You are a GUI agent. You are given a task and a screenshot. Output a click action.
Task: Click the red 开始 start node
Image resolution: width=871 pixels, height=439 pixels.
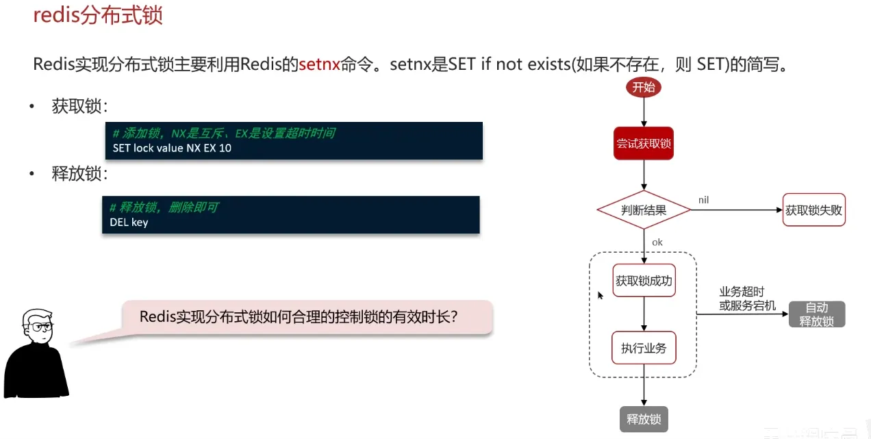tap(643, 87)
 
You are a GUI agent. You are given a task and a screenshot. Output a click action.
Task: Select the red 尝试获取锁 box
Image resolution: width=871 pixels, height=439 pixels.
tap(643, 143)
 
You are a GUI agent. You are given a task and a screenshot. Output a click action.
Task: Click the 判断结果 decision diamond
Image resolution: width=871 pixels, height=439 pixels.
tap(644, 210)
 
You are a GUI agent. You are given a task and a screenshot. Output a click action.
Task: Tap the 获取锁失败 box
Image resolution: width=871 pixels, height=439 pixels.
tap(813, 210)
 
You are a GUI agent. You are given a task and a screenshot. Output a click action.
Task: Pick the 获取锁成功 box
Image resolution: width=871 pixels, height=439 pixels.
tap(644, 280)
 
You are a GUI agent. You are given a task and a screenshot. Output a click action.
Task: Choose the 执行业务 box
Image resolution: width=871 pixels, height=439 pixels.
tap(644, 348)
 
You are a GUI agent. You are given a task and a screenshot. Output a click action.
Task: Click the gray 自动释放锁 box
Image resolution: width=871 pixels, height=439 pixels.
tap(817, 314)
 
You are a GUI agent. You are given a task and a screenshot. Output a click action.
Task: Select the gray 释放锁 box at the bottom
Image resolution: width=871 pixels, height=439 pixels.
tap(644, 418)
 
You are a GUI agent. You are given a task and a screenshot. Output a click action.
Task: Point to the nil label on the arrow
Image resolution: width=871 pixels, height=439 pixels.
tap(703, 199)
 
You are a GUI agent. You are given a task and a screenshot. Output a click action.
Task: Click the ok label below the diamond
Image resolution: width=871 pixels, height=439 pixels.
tap(657, 242)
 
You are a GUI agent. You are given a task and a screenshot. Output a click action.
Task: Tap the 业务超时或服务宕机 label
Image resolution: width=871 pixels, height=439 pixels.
tap(747, 299)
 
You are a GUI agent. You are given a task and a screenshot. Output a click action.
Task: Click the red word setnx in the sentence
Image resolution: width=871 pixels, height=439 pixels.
tap(319, 65)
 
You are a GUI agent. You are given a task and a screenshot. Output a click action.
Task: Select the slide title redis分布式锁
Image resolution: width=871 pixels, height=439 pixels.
tap(98, 15)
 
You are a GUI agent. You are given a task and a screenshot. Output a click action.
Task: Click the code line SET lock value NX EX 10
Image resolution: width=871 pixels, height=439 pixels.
tap(172, 148)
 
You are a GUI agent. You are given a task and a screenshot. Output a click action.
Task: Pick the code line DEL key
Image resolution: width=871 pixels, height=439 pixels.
tap(129, 222)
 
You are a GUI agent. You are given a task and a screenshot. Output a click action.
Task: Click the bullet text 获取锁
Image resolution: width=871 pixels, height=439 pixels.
tap(79, 107)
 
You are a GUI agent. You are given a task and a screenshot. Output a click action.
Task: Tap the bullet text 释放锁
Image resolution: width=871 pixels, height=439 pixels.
tap(79, 174)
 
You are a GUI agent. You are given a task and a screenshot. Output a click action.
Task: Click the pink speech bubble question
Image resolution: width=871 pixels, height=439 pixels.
tap(299, 317)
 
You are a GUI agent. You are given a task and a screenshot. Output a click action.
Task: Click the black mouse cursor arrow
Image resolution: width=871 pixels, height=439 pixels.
tap(601, 295)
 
